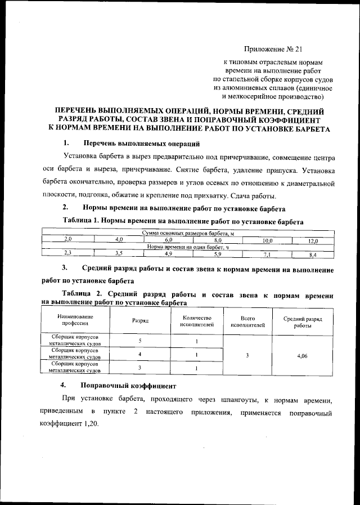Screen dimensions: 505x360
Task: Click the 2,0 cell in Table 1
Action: [66, 240]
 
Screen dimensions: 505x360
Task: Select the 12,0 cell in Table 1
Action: [313, 240]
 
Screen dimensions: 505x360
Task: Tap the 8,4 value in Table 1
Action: [313, 254]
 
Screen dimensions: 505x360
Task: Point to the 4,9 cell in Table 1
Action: [168, 253]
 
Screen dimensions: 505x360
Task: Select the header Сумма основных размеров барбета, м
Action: [188, 233]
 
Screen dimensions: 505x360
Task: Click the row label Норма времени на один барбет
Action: [188, 247]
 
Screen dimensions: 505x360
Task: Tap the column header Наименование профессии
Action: [75, 320]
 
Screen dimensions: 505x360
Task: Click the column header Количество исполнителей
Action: [197, 320]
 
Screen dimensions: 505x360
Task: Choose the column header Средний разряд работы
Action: [305, 322]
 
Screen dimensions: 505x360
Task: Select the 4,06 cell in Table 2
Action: [305, 355]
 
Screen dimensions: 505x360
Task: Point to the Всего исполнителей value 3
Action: [248, 355]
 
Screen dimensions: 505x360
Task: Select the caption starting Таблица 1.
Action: [183, 222]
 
